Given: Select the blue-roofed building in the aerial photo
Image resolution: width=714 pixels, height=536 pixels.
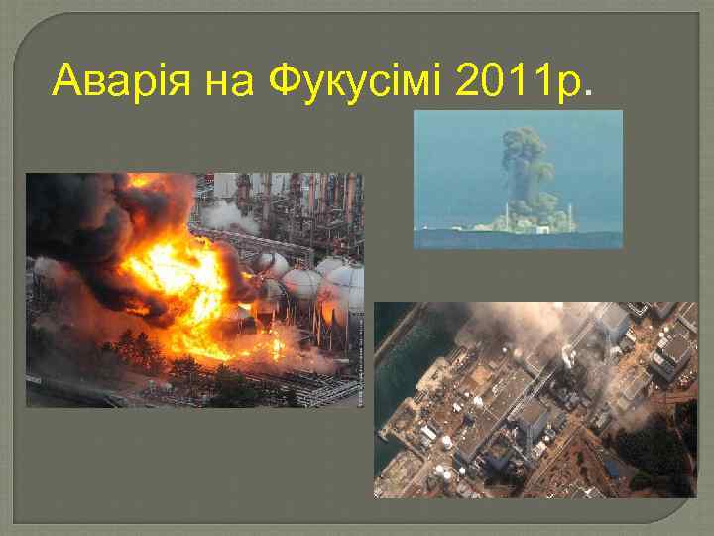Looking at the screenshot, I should pos(615,467).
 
